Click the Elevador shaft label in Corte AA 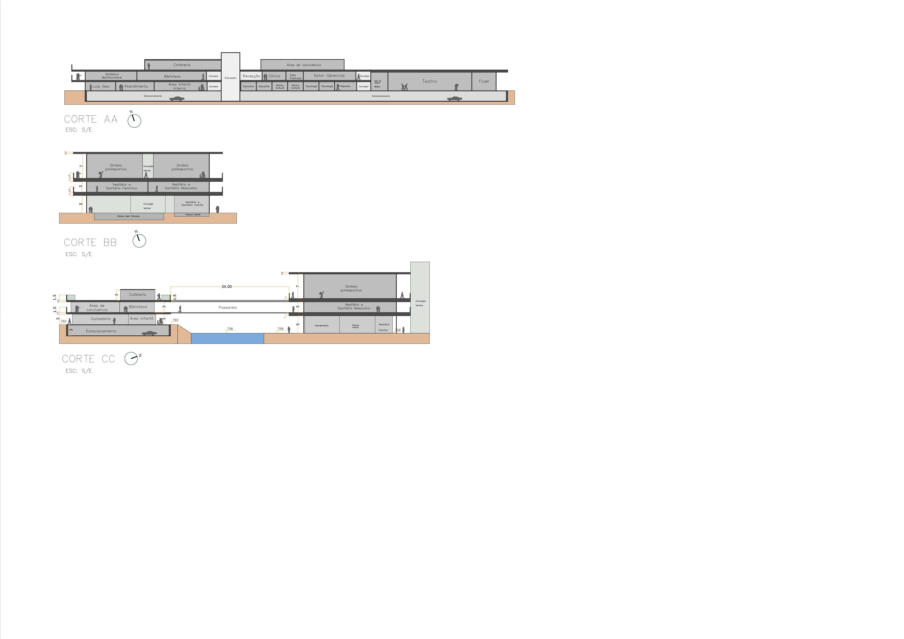230,78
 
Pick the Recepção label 251,76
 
